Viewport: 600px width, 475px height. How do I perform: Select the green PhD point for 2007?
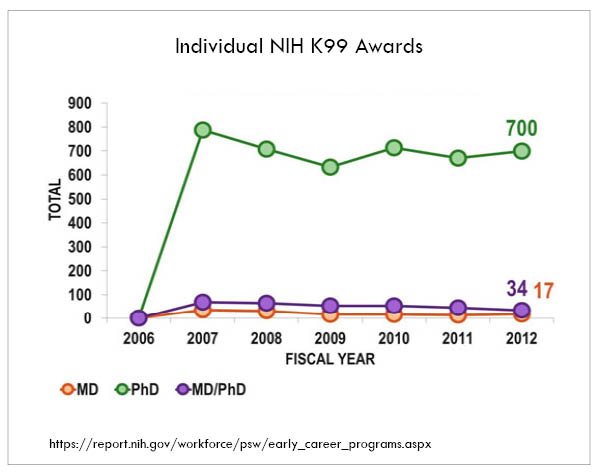click(203, 130)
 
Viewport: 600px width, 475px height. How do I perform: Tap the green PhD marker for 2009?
click(330, 167)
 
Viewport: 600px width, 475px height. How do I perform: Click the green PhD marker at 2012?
click(522, 151)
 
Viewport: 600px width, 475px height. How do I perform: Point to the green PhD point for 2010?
click(394, 148)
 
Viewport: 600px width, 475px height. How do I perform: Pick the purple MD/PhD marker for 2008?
click(267, 303)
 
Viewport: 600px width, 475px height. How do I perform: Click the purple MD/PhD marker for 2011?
click(458, 309)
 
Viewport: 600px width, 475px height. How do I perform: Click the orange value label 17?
click(544, 291)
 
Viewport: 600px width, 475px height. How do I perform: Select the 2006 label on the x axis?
click(139, 339)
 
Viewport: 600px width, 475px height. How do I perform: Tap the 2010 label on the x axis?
click(394, 339)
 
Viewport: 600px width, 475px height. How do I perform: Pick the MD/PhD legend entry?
click(214, 388)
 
